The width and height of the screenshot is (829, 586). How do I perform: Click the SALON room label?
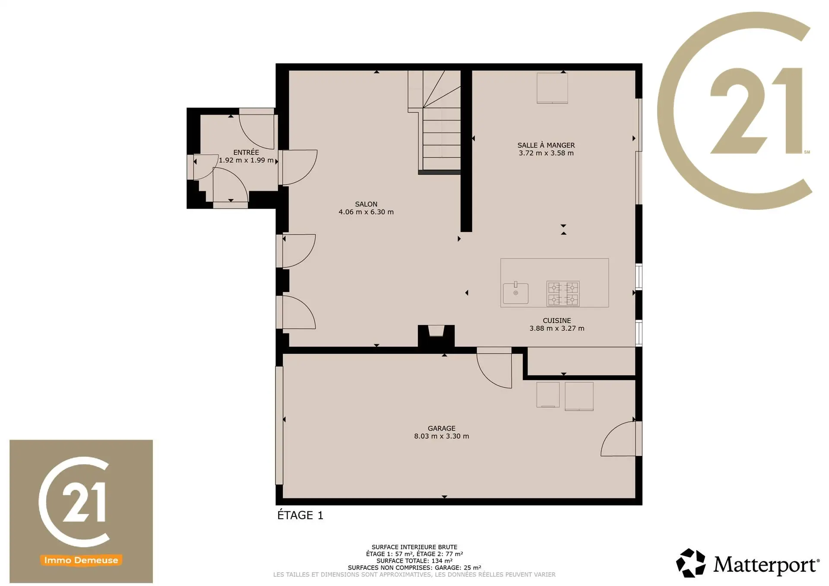(366, 204)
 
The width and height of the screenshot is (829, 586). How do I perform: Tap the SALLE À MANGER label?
(546, 146)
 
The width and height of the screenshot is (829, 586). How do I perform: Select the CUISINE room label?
(557, 320)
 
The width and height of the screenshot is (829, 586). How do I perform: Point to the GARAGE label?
(441, 428)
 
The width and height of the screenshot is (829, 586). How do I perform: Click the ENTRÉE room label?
(246, 152)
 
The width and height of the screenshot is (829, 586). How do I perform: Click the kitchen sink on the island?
(516, 293)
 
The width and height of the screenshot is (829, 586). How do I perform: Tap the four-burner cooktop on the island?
(563, 294)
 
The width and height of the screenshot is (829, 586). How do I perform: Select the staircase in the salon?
(434, 122)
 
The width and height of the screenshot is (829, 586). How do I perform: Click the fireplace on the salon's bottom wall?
(436, 336)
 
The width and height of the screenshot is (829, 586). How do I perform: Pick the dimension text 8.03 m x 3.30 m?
(441, 436)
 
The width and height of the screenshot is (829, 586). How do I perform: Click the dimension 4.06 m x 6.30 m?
(366, 212)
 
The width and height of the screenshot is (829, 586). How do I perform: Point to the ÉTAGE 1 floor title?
(300, 515)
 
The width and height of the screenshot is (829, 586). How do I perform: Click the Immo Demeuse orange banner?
(81, 560)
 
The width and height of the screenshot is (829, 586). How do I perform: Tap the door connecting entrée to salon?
(298, 168)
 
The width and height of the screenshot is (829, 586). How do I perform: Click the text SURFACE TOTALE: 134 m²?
(414, 561)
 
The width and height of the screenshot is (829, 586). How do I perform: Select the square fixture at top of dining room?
(552, 88)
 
